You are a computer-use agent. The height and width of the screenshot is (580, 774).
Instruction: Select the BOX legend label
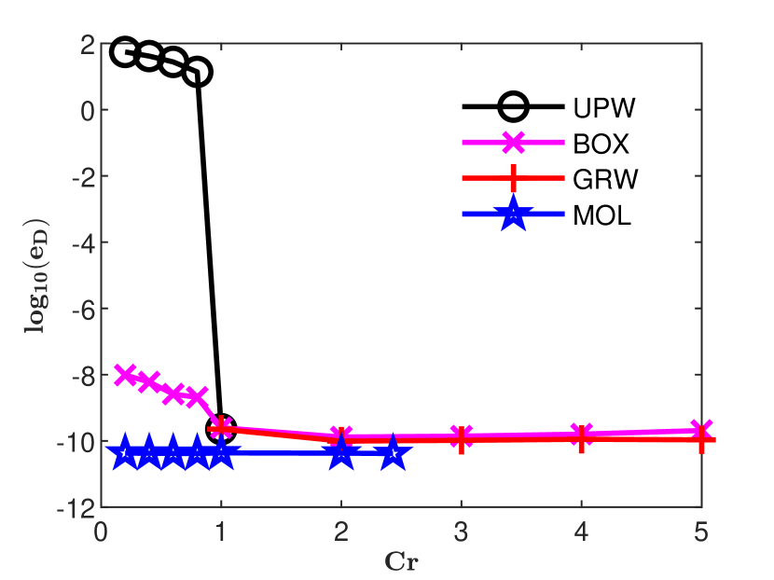click(x=602, y=145)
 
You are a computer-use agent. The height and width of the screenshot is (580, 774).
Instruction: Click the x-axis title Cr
click(x=401, y=561)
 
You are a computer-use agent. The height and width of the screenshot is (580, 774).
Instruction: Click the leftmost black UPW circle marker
click(x=125, y=52)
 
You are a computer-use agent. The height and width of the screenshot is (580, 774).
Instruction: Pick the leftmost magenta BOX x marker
click(x=125, y=374)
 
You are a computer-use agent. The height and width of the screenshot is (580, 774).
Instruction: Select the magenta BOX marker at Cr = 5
click(x=701, y=430)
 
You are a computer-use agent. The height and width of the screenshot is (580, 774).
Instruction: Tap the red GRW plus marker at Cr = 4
click(x=581, y=436)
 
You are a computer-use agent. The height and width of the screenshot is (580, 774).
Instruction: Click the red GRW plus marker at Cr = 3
click(x=462, y=438)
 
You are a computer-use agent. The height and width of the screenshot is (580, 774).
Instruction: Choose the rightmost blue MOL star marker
click(x=394, y=453)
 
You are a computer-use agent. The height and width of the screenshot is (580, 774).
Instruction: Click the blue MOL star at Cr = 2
click(x=341, y=453)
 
